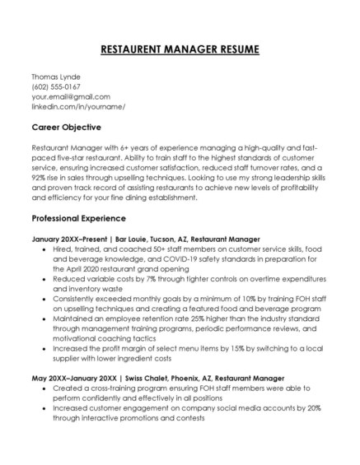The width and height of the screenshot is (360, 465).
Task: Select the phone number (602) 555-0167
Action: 56,86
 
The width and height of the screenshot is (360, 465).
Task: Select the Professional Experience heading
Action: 78,219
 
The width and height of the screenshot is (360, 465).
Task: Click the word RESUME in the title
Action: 233,49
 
